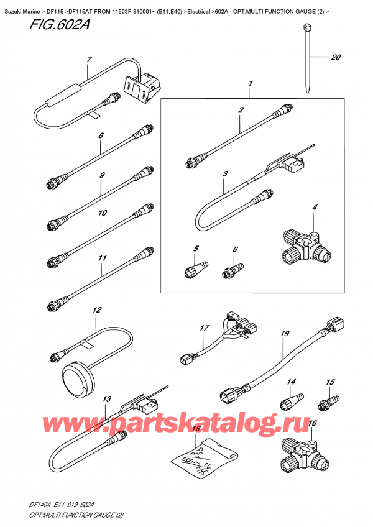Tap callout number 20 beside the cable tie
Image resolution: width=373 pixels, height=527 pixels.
(x=336, y=58)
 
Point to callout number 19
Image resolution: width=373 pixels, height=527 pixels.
(x=285, y=334)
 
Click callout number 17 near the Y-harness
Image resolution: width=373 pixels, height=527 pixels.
(x=203, y=328)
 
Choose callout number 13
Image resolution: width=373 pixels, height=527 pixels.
(x=107, y=399)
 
